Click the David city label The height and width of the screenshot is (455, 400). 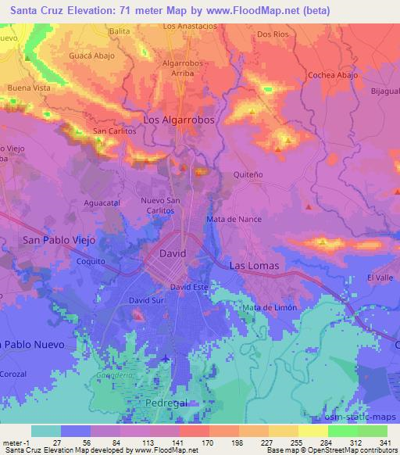173,255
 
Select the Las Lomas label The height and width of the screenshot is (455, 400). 254,266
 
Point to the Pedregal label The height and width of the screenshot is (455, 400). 166,400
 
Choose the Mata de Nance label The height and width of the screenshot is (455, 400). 233,220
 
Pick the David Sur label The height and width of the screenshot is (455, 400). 146,299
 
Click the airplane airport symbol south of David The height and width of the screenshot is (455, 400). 166,358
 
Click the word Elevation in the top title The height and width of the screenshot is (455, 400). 85,10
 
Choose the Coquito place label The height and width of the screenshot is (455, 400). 91,262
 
